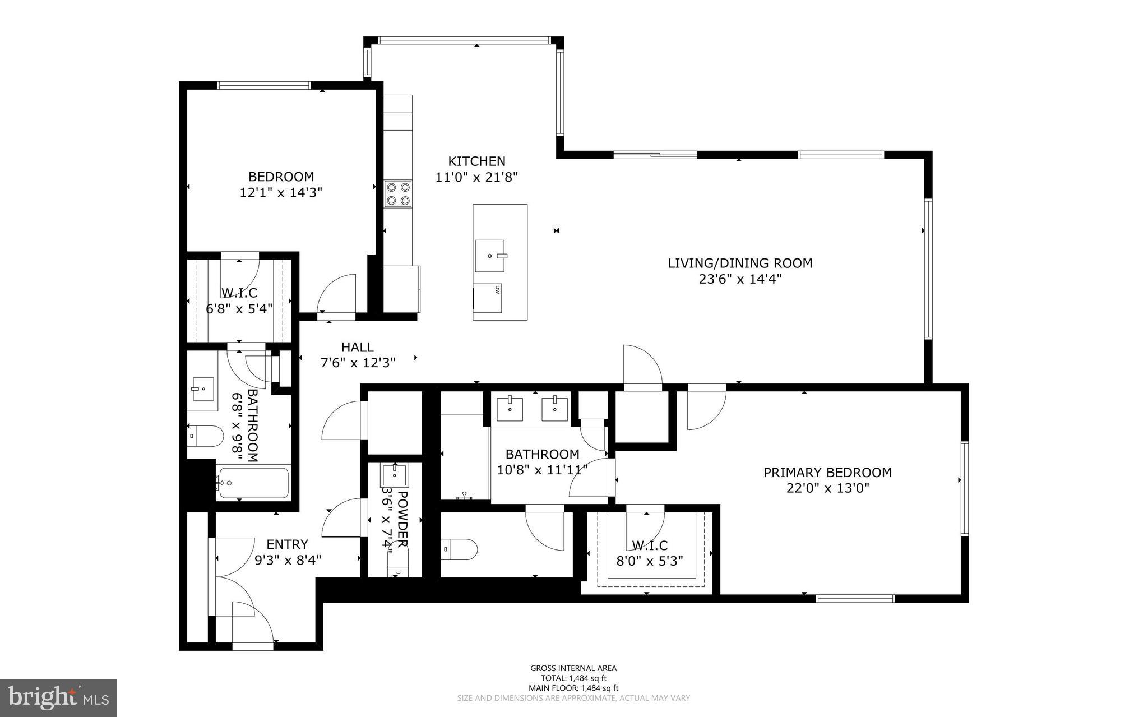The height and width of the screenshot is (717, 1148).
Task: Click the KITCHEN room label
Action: [476, 161]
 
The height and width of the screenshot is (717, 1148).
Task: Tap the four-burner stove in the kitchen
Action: [397, 193]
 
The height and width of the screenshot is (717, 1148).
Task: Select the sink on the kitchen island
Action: [490, 256]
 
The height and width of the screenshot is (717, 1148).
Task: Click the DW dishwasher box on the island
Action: [487, 298]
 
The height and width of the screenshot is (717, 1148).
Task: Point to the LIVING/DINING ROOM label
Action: [740, 263]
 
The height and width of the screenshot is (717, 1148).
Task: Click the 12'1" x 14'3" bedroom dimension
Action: [281, 193]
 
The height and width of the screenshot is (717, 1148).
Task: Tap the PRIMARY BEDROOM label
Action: [827, 473]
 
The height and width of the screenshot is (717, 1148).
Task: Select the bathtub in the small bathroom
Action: [253, 483]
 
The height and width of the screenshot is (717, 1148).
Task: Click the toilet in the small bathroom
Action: [205, 436]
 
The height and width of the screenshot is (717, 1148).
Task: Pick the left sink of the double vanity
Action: [510, 409]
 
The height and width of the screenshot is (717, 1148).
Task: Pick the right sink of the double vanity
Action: [554, 409]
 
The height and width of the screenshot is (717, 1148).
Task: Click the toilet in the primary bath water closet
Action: [459, 549]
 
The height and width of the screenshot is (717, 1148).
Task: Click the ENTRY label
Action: [287, 544]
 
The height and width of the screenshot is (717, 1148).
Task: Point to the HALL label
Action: [357, 348]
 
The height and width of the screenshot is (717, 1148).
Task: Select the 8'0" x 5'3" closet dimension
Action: [650, 561]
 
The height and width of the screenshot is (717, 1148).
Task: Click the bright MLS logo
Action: [58, 698]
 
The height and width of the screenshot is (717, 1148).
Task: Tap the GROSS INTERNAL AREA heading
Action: [573, 668]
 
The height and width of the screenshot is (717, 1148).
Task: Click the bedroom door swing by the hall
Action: [338, 294]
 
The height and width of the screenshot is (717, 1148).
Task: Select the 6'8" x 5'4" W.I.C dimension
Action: [239, 308]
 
